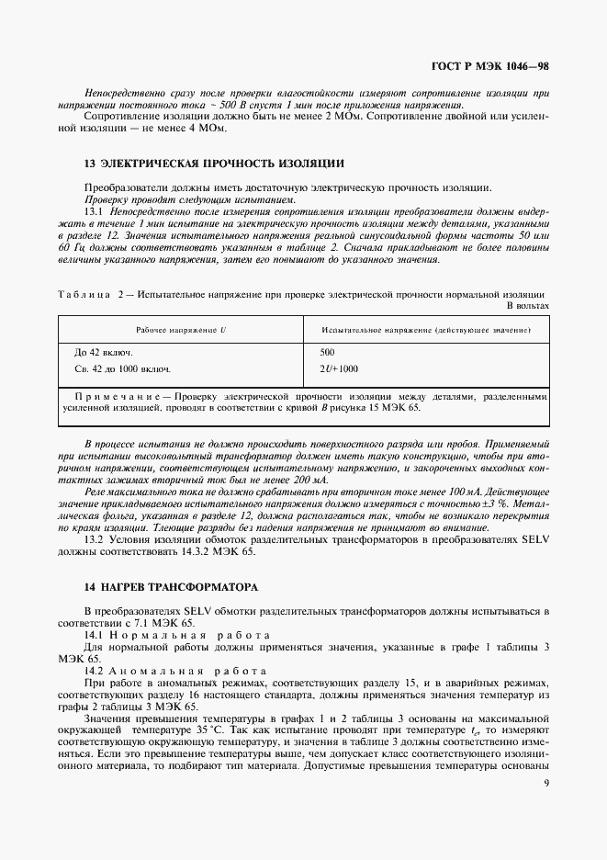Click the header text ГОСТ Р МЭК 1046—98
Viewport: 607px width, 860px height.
point(492,67)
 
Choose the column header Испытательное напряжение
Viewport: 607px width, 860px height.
point(423,329)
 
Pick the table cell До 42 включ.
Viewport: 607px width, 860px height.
point(103,352)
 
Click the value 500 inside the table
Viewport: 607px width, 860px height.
point(328,352)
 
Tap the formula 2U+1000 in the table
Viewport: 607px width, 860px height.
point(339,368)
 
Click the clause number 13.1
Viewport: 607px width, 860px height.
point(96,210)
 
